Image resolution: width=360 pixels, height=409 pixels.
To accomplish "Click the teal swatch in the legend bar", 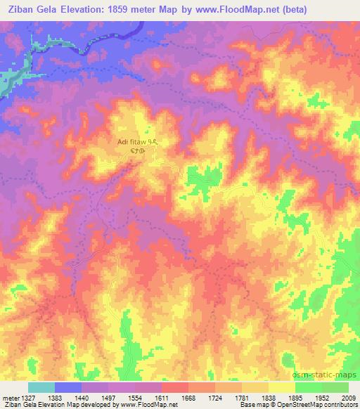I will click(41, 387).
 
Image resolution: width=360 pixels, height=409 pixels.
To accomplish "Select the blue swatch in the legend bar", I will click(67, 387).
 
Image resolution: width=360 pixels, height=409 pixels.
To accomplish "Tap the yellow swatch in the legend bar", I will click(281, 387).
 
